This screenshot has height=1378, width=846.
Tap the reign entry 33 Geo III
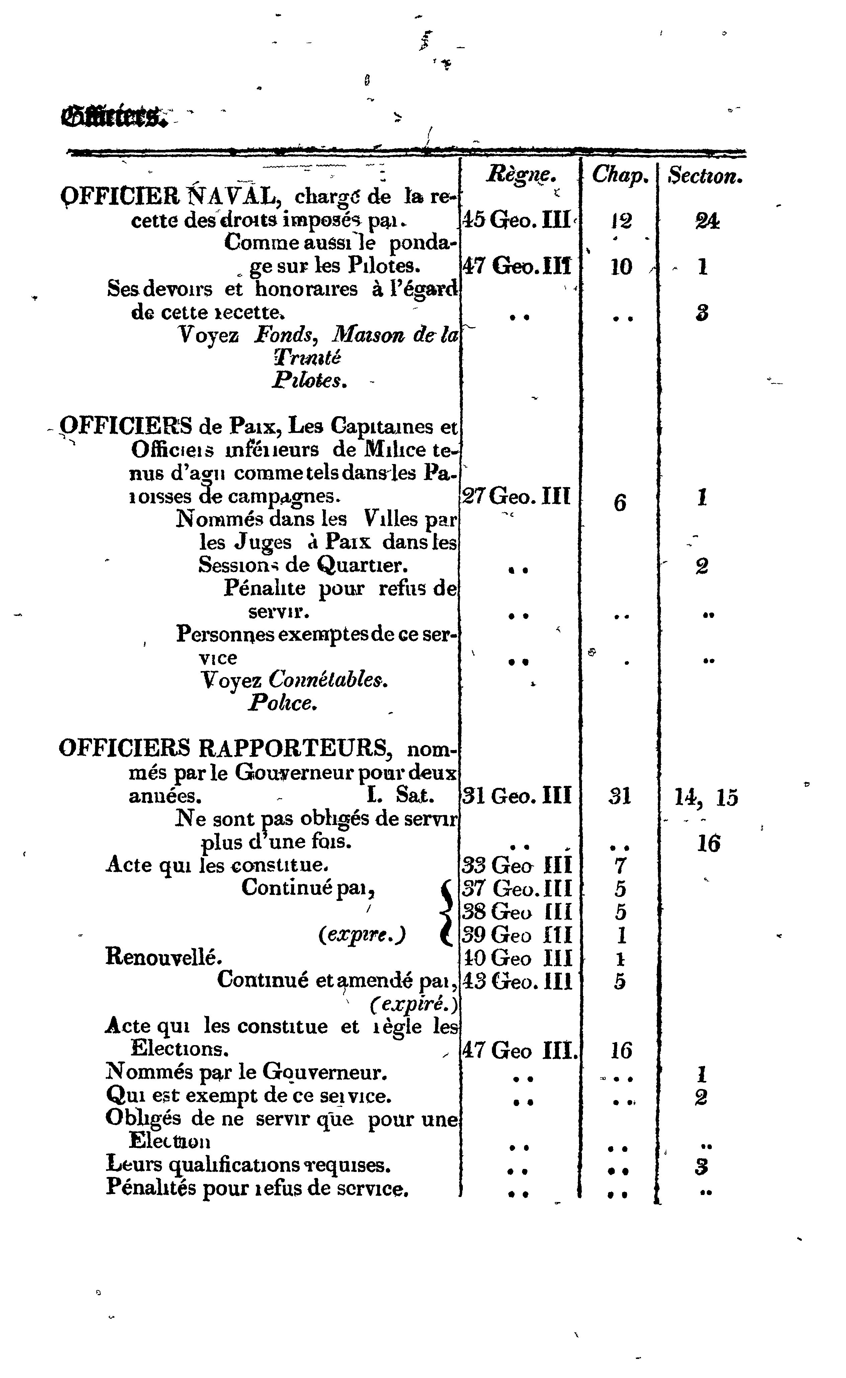517,866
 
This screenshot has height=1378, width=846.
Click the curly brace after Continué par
447,912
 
